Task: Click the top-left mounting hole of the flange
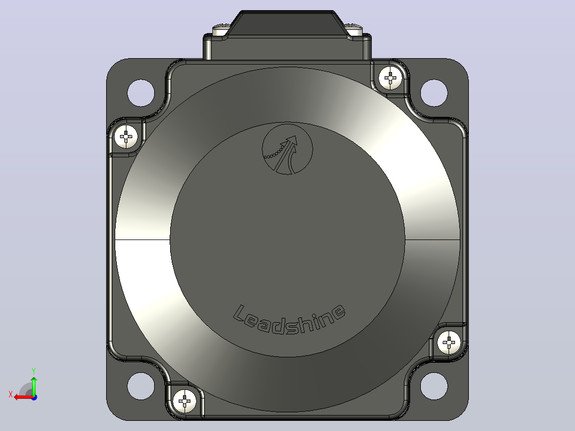coord(141,93)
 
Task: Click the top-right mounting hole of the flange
coord(434,93)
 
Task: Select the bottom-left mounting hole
coord(141,386)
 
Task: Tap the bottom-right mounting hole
coord(434,386)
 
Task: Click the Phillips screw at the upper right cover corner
coord(390,78)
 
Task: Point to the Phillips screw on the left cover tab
coord(126,137)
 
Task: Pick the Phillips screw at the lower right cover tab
coord(449,342)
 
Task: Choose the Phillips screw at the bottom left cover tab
coord(185,401)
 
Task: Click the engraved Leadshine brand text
coord(290,319)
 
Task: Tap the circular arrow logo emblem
coord(287,149)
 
